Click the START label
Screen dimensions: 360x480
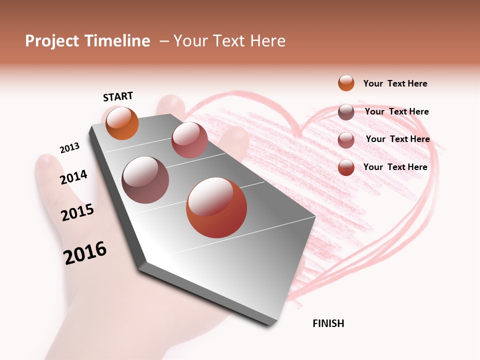pos(118,96)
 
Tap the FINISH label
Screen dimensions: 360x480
pos(328,323)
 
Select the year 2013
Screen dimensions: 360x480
pos(69,148)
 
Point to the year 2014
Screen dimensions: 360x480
pos(73,177)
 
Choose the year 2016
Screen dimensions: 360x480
pos(85,252)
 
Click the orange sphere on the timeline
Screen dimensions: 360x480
pos(122,123)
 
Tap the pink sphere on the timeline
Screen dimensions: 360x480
pos(189,140)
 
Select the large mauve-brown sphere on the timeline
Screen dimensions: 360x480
pos(145,180)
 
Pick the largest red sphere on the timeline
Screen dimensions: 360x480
pos(216,207)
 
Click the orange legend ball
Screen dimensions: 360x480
pos(346,83)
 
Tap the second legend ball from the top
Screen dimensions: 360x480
pos(346,112)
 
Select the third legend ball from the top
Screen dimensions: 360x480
pos(346,140)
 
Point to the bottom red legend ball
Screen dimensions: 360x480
pos(346,167)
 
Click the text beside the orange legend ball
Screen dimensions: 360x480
pos(395,83)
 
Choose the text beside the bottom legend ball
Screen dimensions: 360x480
pos(395,167)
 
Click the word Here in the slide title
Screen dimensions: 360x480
pos(267,41)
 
